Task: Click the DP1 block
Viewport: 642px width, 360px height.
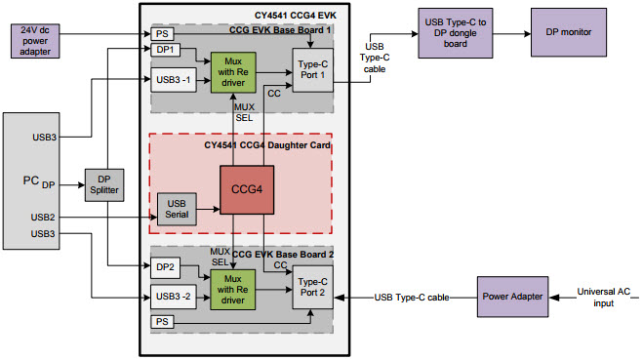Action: coord(165,49)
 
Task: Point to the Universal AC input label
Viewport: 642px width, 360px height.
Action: coord(604,297)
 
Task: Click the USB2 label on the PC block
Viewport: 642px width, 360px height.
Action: coord(42,217)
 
